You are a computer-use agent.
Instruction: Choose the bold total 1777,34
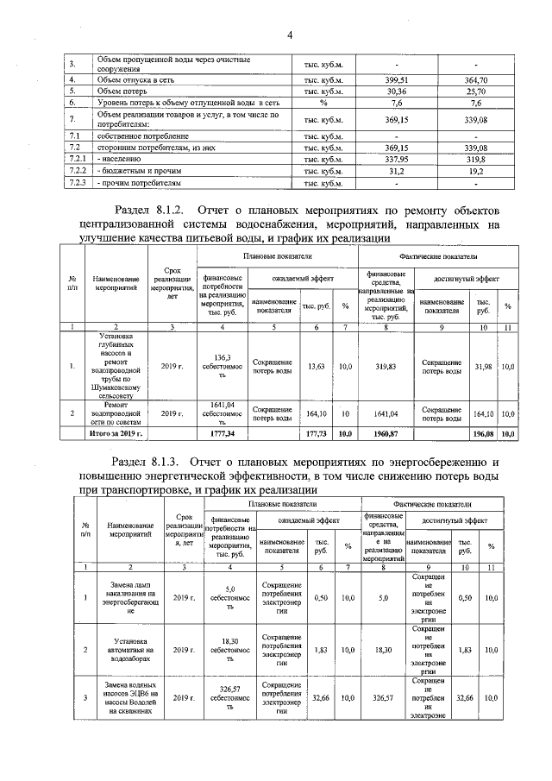click(x=223, y=432)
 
